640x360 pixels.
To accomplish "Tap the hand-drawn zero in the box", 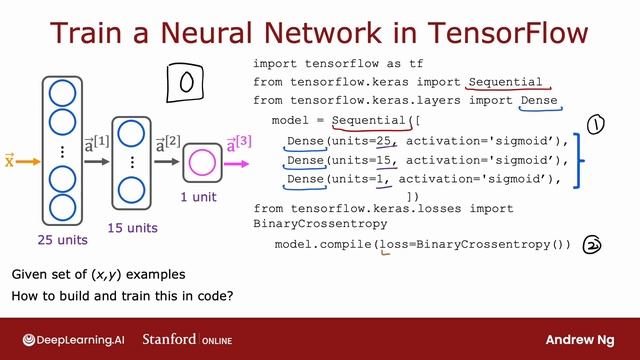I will (x=185, y=84).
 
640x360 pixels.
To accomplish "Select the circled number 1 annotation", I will (x=596, y=125).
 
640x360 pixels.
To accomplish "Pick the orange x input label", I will (x=9, y=160).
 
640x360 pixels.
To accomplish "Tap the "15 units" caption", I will (x=132, y=227).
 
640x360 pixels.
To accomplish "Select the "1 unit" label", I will (x=198, y=197).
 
